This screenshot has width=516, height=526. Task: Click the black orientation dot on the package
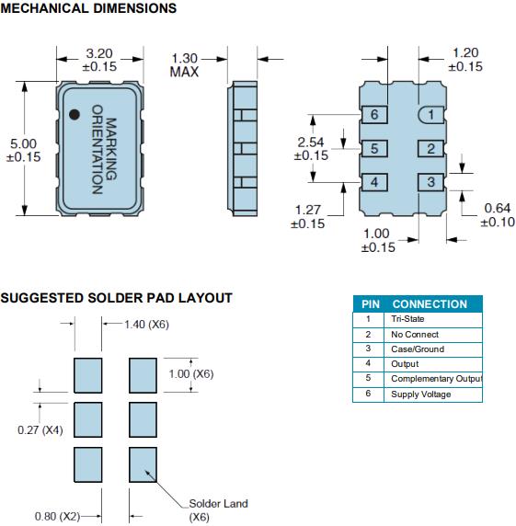tap(75, 114)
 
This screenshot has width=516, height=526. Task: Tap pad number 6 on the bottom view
tap(374, 115)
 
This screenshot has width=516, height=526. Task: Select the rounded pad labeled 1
tap(431, 115)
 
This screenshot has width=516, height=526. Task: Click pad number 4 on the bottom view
tap(374, 182)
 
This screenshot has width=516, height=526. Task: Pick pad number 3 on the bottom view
tap(431, 182)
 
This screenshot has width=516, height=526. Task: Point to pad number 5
tap(374, 148)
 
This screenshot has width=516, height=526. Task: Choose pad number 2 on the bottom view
tap(431, 148)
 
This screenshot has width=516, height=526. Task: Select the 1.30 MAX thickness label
tap(184, 65)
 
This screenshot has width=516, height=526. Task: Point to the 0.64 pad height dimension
tap(498, 214)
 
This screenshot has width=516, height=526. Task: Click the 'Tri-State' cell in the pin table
tap(407, 319)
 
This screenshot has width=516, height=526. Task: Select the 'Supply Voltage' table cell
tap(420, 394)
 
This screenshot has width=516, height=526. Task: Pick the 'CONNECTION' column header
tap(430, 304)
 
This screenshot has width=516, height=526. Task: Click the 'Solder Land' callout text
tap(218, 503)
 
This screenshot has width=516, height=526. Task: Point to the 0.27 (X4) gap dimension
tap(40, 429)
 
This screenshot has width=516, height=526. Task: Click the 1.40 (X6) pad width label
tap(146, 325)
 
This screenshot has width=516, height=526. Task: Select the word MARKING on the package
tap(111, 149)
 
